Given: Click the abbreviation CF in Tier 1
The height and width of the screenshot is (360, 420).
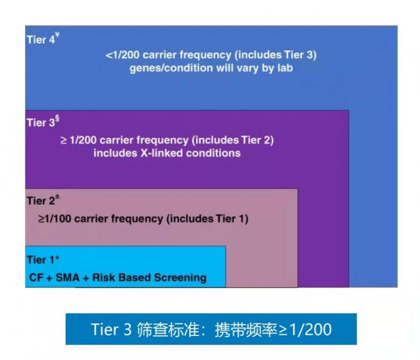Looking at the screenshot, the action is coord(37,277).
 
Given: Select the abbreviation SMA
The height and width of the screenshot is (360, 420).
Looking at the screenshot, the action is coord(67,277).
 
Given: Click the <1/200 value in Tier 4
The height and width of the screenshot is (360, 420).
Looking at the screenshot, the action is coord(122,55).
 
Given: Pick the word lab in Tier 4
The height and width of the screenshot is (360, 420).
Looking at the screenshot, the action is coord(285,68).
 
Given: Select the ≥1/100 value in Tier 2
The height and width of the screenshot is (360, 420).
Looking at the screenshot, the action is coord(55,218).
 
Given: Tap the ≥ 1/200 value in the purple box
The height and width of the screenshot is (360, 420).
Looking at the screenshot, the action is coord(78,140).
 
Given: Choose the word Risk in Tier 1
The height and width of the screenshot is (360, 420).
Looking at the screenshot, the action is coord(104,277).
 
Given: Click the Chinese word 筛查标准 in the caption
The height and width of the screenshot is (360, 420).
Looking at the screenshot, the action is coord(168,329).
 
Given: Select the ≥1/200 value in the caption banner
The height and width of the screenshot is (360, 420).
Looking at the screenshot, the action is coord(305,329).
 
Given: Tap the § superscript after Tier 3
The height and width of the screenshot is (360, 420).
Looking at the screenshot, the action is coord(57,119).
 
